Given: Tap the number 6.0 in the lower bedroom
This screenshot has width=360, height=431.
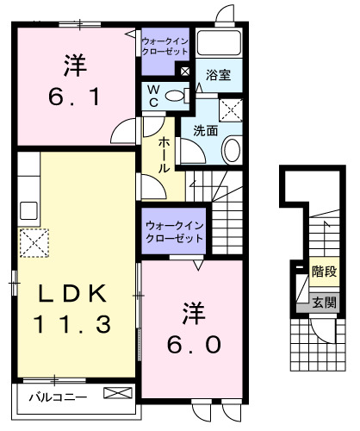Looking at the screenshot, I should pos(196,345).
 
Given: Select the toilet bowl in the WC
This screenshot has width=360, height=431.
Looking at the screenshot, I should pos(177,97).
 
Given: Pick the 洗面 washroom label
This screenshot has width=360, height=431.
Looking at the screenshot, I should pos(205,131).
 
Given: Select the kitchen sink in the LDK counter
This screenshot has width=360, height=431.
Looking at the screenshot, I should pos(28,209).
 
